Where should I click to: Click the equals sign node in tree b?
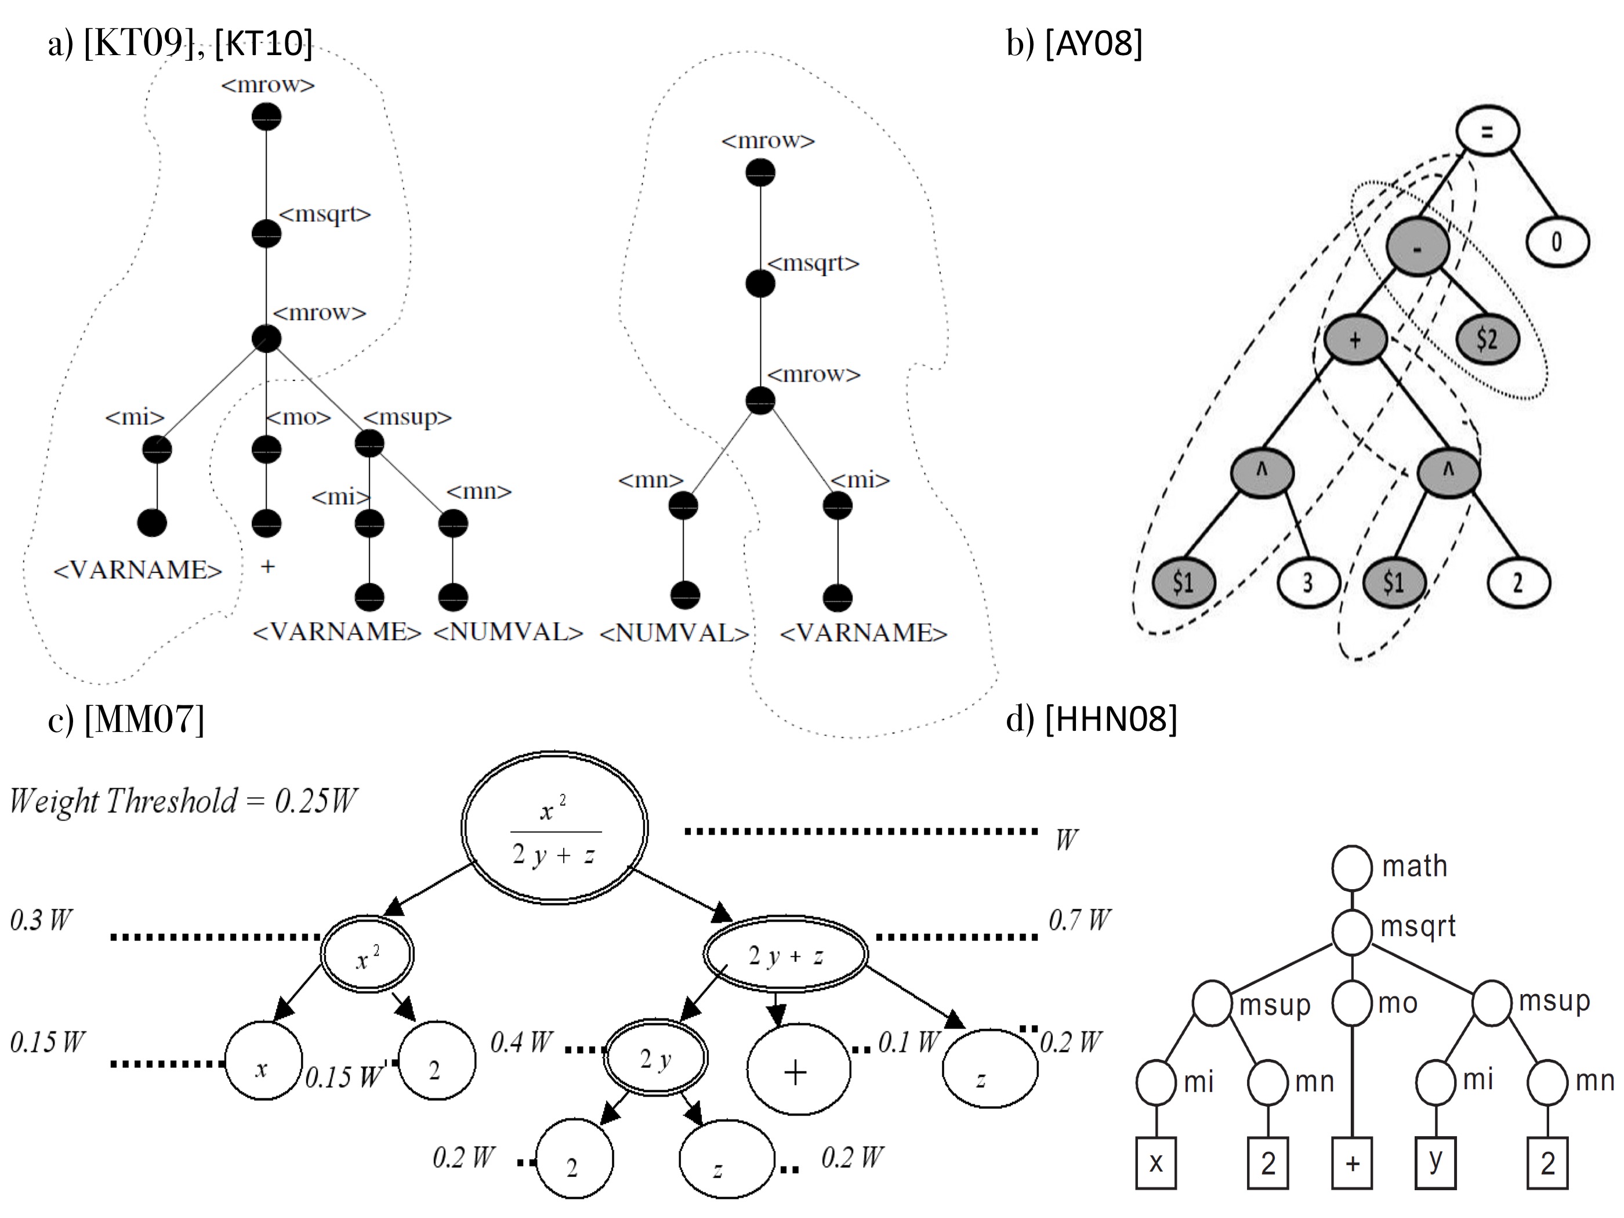coord(1487,132)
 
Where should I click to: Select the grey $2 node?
coord(1487,339)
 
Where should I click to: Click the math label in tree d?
coord(1414,867)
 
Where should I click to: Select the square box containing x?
coord(1155,1163)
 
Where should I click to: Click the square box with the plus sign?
coord(1351,1163)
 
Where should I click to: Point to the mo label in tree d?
coord(1397,1003)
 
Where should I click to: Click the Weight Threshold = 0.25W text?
coord(183,801)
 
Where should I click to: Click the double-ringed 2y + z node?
coord(785,955)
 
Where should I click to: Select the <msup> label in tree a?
coord(408,418)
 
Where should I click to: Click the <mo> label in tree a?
coord(298,418)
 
